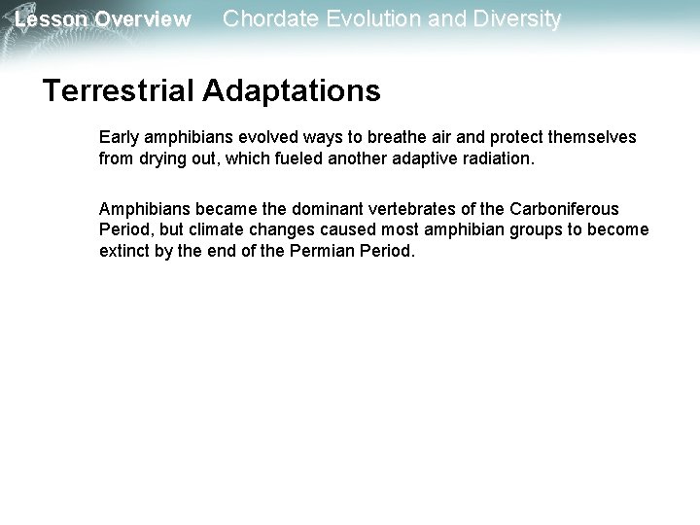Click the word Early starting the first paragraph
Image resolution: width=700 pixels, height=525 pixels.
click(x=119, y=137)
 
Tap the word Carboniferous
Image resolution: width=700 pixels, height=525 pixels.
click(x=564, y=209)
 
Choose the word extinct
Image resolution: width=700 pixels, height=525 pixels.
click(x=124, y=251)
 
